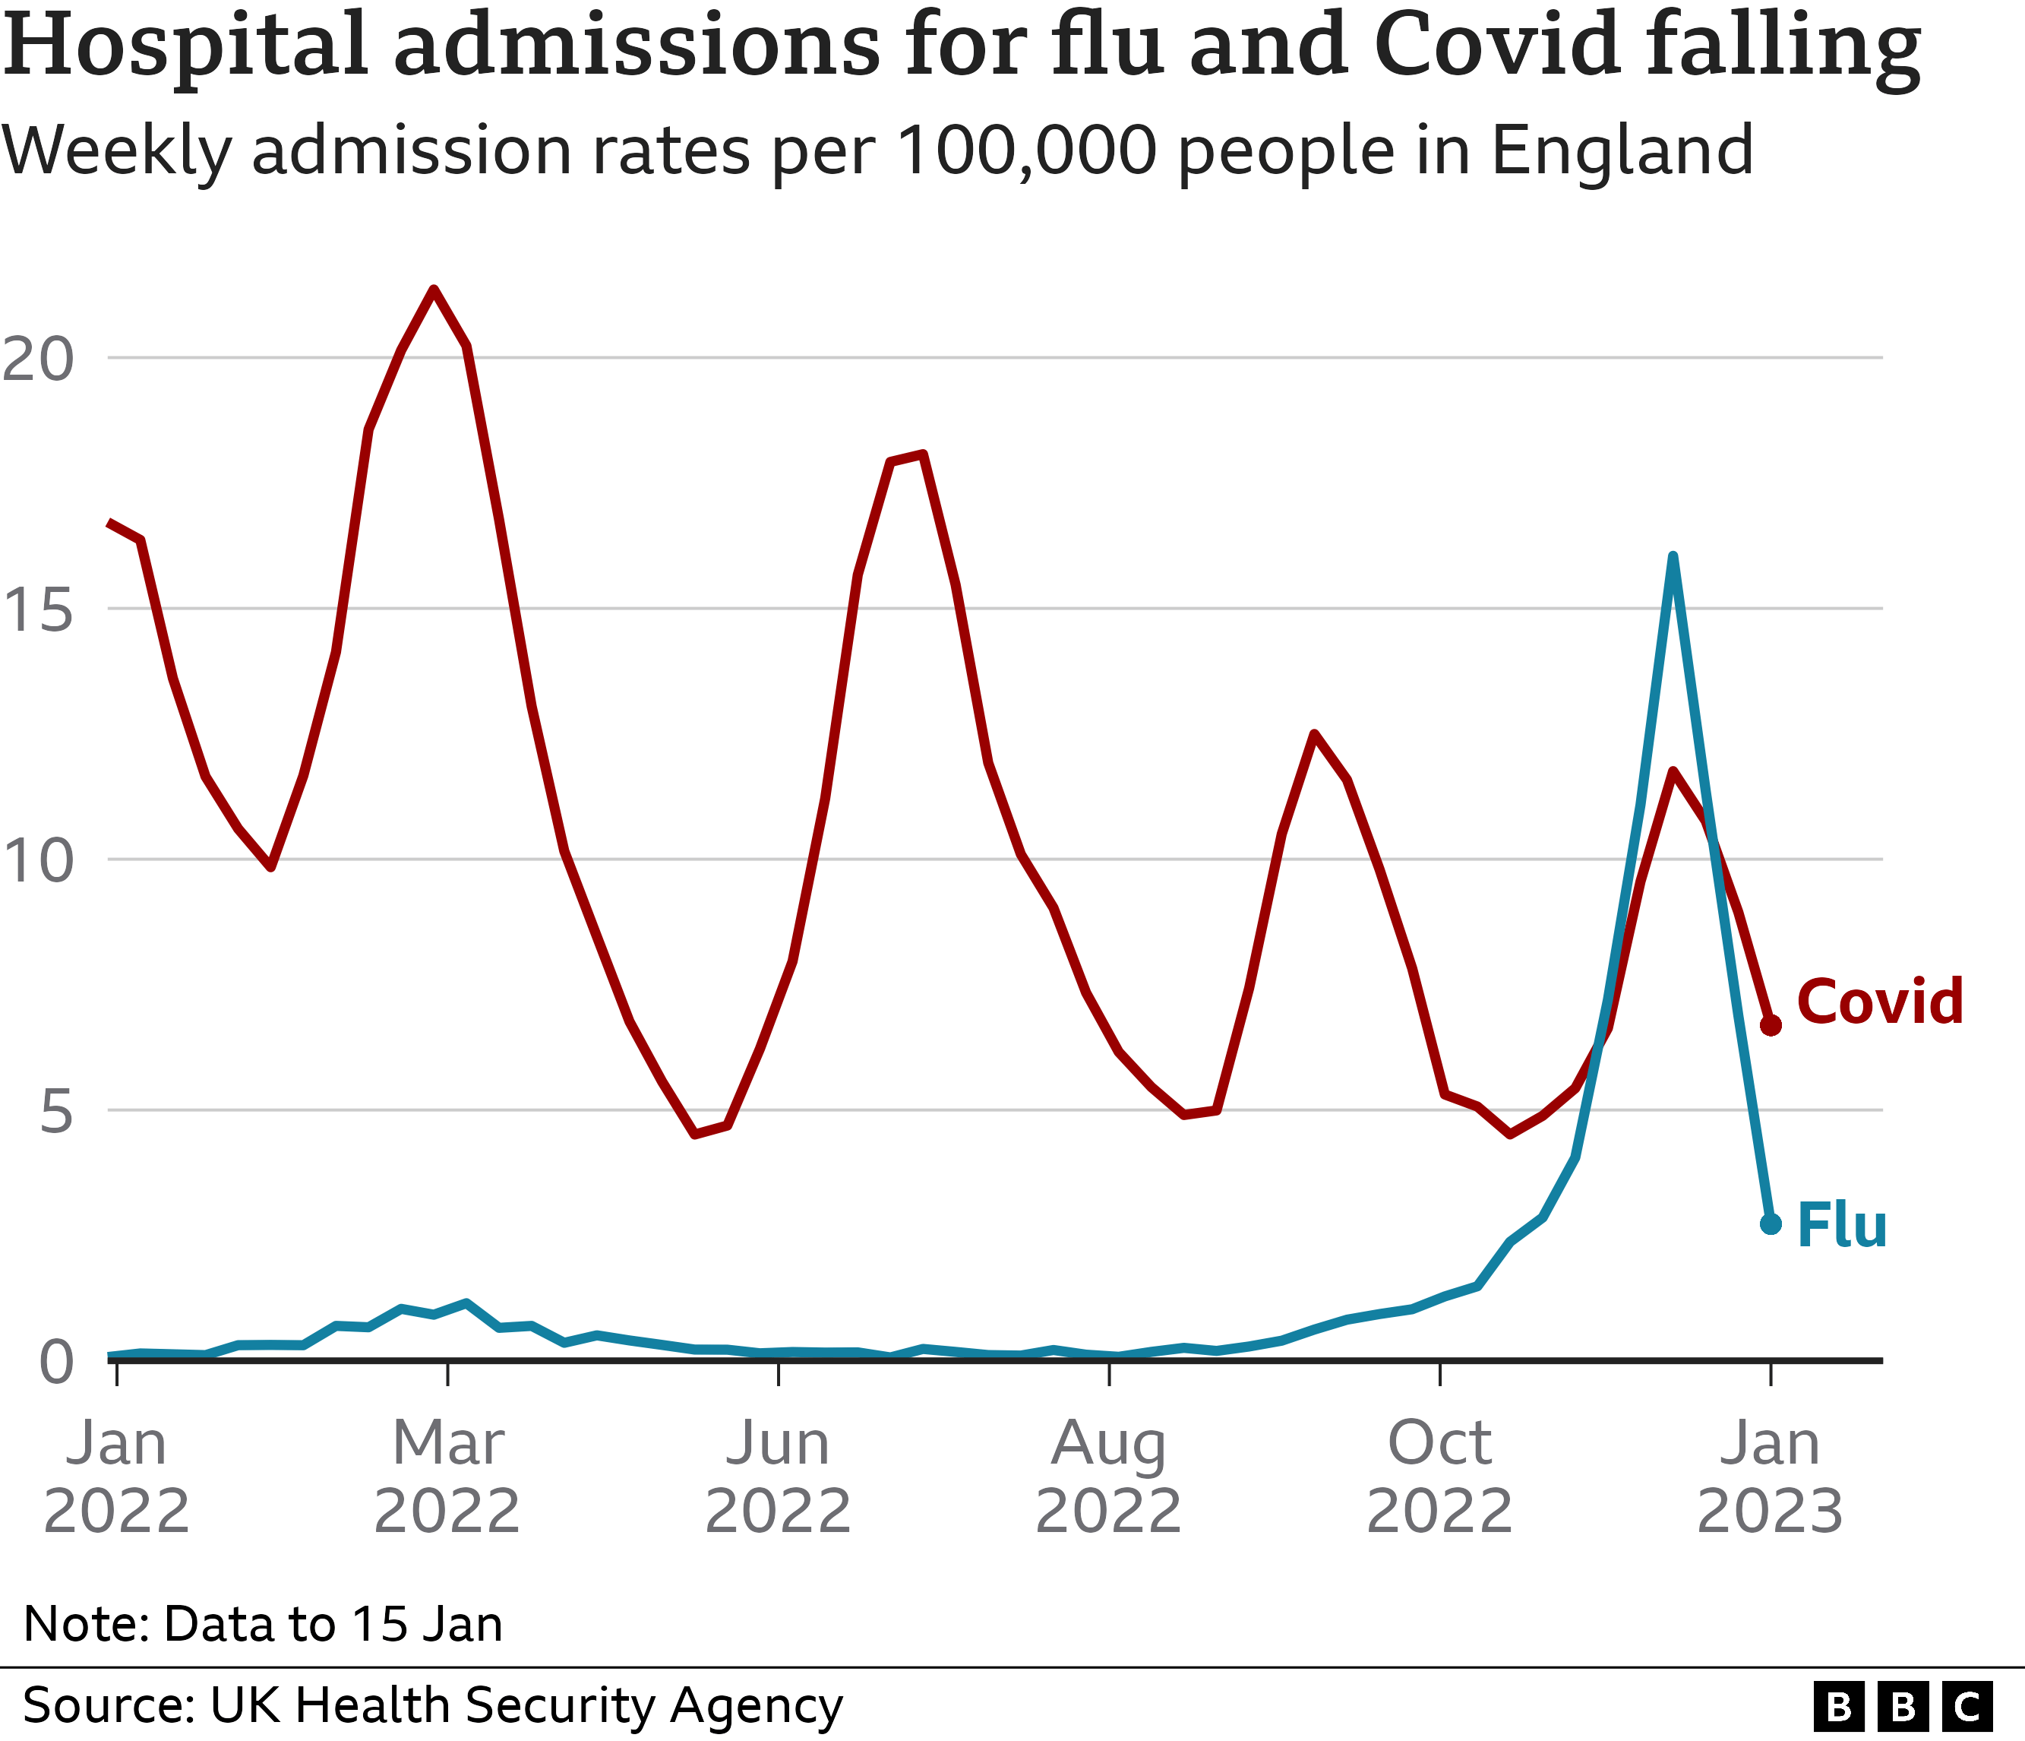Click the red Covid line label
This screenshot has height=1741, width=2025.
click(1879, 1003)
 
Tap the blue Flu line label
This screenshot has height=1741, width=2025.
click(1841, 1226)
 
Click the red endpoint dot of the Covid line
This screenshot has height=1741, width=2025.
click(1770, 1025)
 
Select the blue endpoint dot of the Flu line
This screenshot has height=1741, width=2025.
click(1770, 1224)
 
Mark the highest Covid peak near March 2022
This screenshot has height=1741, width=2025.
click(434, 290)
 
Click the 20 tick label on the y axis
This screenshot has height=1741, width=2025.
click(38, 359)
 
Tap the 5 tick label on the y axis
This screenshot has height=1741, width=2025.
click(55, 1112)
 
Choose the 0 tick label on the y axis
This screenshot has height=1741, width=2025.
click(55, 1362)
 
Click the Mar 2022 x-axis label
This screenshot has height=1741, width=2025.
click(447, 1476)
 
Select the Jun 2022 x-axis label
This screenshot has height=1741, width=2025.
click(778, 1476)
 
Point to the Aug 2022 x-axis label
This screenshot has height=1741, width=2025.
click(1108, 1476)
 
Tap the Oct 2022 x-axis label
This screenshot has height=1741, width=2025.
click(1439, 1476)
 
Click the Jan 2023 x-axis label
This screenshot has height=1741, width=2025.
click(1770, 1476)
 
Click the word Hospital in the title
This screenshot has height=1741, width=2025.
click(185, 46)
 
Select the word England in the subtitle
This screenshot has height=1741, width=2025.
click(1622, 150)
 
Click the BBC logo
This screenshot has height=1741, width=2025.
click(1902, 1706)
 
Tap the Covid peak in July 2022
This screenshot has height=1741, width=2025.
click(923, 454)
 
